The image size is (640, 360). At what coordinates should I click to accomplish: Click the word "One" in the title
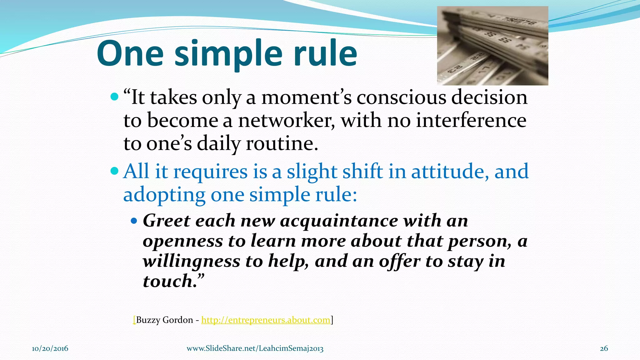130,54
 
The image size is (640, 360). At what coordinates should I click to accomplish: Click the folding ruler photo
492,46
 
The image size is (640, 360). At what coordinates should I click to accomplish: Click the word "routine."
282,144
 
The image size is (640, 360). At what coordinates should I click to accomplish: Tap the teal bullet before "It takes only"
115,97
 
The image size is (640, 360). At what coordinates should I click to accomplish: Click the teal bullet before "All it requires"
115,171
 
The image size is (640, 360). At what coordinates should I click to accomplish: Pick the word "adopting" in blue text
164,195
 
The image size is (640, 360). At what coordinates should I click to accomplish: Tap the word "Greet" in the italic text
166,221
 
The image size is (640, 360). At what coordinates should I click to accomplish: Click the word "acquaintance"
339,221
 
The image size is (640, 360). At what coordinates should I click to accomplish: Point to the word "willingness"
191,261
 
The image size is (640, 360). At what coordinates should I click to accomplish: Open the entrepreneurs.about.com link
266,320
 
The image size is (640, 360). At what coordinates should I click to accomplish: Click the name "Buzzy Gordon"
164,320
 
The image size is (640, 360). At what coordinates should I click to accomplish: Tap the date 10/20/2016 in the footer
50,348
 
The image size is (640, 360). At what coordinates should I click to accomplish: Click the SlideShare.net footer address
255,348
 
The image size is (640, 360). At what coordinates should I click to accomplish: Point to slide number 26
604,348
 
